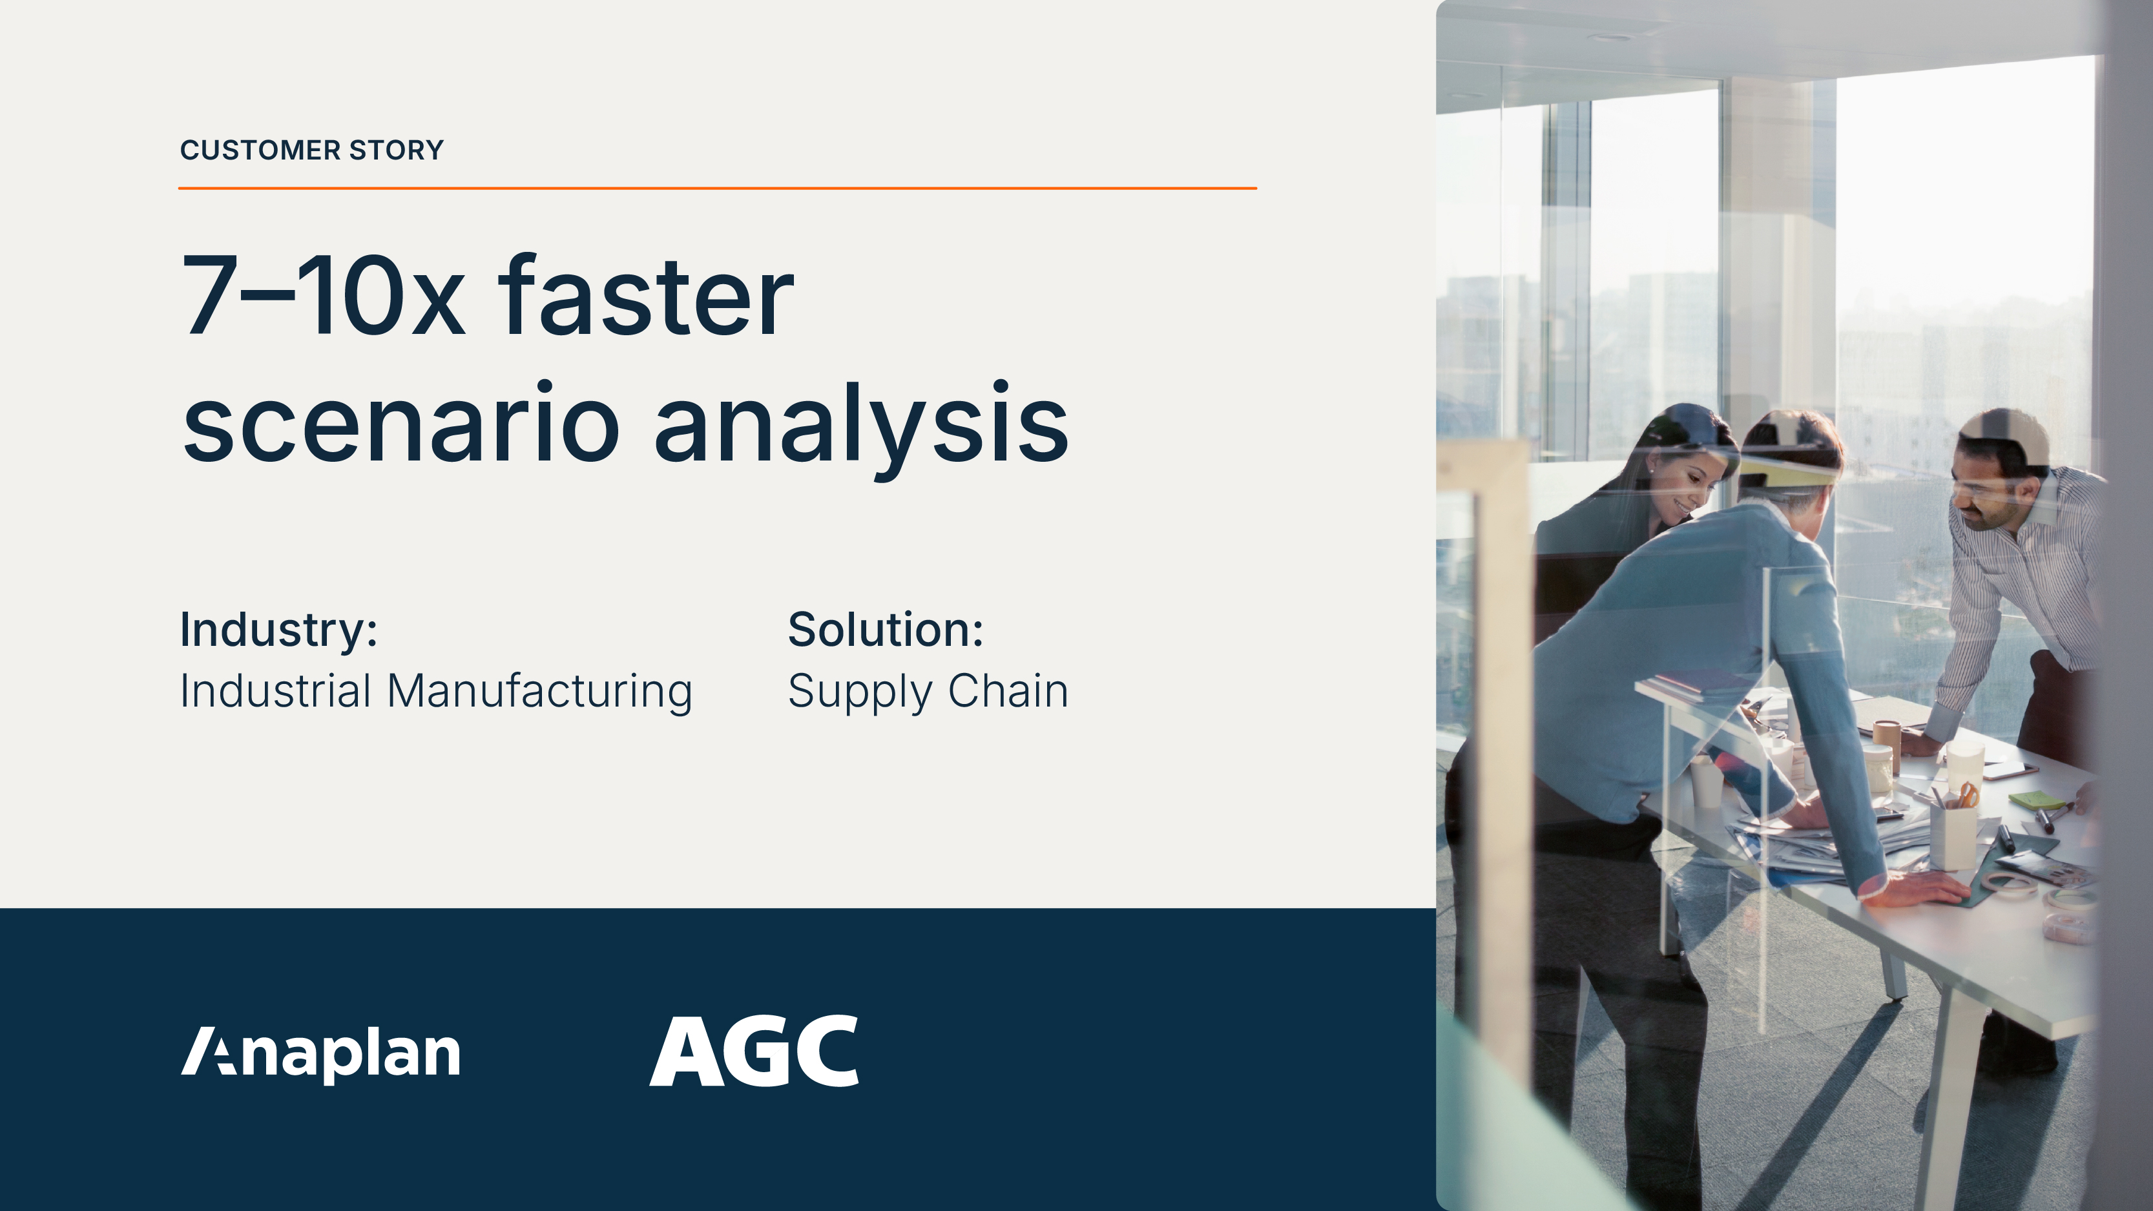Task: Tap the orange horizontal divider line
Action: (717, 189)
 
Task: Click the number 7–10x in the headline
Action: (322, 298)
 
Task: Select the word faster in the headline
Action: (645, 298)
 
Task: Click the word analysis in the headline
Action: (861, 424)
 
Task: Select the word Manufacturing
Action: (539, 692)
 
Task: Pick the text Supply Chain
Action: (928, 692)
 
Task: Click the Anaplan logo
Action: (321, 1053)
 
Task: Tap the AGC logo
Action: (754, 1051)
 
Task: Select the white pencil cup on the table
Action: (1952, 836)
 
